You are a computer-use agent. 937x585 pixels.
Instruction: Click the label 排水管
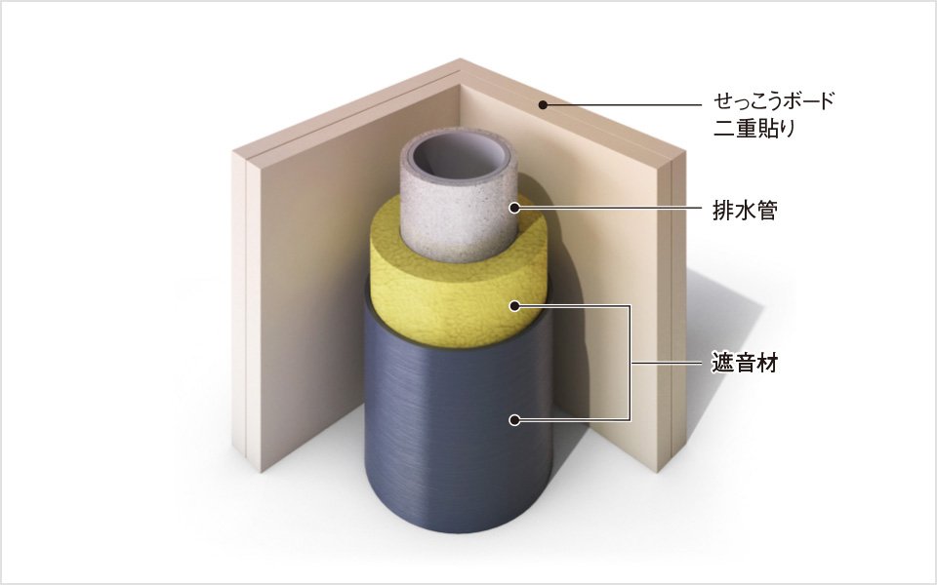[x=745, y=211]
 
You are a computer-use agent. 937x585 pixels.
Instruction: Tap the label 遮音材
[x=745, y=363]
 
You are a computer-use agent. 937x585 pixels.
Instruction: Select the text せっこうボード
[x=773, y=101]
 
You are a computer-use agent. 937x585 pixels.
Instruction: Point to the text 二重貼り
[x=754, y=129]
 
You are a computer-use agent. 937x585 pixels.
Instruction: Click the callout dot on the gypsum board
[x=543, y=105]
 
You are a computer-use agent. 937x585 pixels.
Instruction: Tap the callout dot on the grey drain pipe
[x=514, y=208]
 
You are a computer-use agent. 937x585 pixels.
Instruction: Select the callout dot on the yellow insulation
[x=514, y=306]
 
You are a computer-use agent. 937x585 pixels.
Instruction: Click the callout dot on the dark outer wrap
[x=514, y=420]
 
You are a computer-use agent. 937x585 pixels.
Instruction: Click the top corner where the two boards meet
[x=460, y=58]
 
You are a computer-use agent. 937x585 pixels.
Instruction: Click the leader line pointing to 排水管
[x=608, y=208]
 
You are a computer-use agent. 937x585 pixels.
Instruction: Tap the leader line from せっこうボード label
[x=622, y=105]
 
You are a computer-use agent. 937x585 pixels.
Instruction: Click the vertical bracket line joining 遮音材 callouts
[x=630, y=363]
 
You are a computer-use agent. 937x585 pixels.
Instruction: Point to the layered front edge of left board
[x=247, y=310]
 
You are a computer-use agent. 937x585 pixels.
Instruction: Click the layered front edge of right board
[x=672, y=310]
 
